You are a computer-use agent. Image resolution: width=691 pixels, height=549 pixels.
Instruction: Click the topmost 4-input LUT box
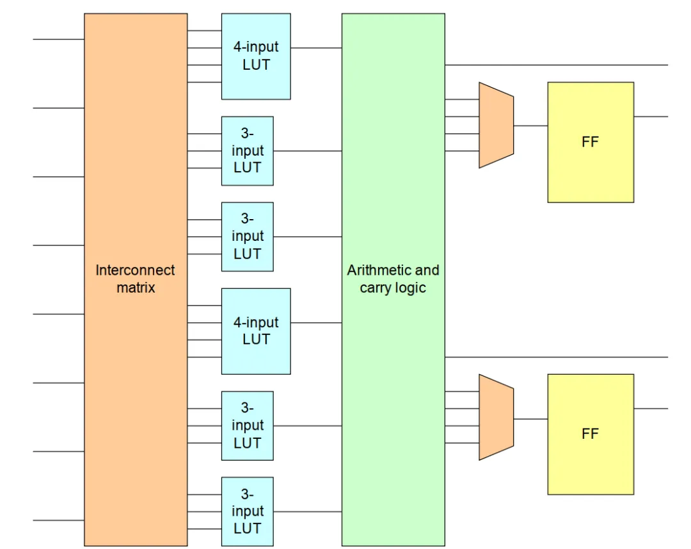255,56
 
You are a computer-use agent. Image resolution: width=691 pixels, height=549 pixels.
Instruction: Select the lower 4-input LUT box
255,331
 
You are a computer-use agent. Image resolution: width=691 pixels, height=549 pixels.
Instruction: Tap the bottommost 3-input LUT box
247,511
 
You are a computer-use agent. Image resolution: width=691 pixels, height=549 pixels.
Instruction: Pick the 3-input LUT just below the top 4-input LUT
247,151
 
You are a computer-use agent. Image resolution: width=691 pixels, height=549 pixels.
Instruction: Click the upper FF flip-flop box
591,142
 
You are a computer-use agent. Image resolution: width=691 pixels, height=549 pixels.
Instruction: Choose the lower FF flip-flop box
591,434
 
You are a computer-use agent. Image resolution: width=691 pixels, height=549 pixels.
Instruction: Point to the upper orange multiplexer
496,125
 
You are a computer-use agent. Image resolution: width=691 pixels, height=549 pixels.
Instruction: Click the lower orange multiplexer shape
496,418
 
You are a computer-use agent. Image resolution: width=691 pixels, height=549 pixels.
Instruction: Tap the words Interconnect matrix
135,279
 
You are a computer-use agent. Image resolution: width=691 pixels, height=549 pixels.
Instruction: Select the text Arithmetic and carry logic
393,279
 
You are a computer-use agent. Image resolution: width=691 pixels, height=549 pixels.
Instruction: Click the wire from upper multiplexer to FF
530,126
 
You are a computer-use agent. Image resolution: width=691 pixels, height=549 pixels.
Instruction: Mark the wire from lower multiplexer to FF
530,419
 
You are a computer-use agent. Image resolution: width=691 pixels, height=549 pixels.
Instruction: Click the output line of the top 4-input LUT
316,47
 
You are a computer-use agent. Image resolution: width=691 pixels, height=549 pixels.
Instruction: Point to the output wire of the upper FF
651,117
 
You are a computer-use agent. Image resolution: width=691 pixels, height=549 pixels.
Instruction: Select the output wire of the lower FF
651,409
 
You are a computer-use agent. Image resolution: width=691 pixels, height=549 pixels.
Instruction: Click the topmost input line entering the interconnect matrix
59,39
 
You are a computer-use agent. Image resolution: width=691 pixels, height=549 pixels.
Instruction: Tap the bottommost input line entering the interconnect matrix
59,520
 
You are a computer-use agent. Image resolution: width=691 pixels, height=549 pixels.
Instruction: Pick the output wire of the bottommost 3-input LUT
308,511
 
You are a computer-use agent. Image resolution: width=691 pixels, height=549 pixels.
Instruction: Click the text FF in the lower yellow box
590,434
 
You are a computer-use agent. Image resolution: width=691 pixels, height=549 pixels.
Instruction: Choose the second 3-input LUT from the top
247,236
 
